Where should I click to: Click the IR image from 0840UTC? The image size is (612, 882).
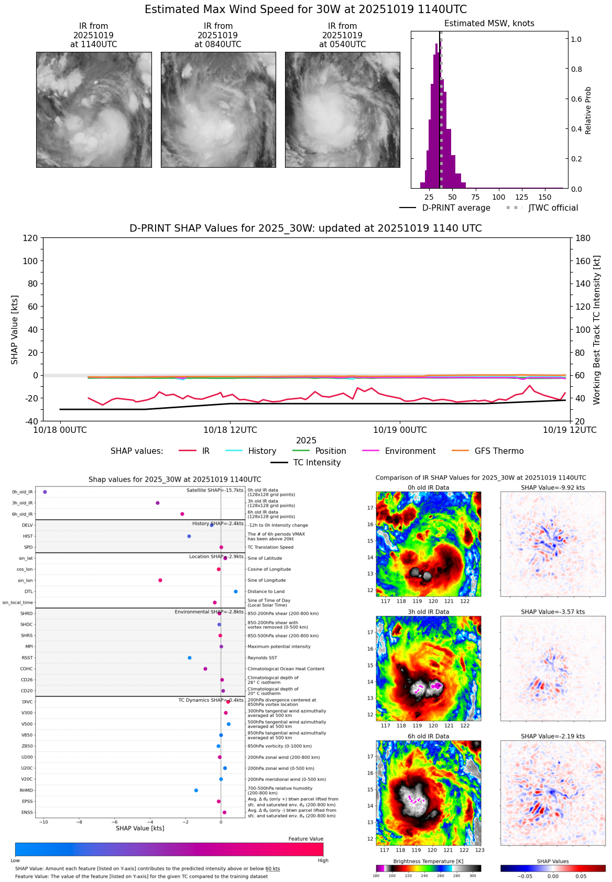218,110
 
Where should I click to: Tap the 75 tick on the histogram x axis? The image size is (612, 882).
475,197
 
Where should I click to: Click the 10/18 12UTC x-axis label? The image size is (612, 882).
230,430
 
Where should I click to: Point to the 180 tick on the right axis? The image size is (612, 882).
583,238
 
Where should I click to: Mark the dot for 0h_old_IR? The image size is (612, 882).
45,492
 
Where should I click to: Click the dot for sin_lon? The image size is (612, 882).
160,581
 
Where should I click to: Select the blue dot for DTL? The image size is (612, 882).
236,592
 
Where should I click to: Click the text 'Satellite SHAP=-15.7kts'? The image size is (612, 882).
215,491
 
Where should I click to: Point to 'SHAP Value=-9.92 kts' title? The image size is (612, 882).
553,488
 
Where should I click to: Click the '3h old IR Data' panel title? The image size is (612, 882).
428,612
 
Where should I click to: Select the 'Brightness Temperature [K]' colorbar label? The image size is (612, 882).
428,862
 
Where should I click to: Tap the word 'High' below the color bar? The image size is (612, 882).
323,861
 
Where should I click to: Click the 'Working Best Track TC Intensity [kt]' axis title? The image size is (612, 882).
597,330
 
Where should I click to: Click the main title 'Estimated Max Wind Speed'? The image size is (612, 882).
305,10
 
